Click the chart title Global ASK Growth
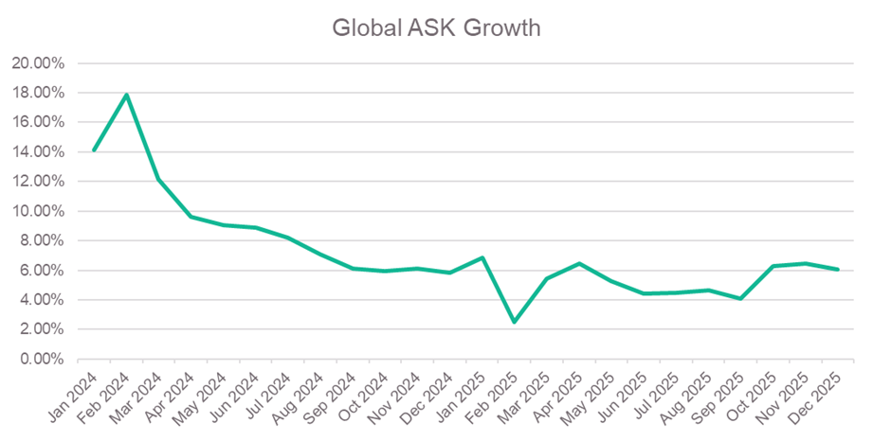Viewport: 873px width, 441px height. coord(436,27)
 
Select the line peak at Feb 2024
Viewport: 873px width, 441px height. coord(126,95)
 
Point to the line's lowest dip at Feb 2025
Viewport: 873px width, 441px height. coord(515,323)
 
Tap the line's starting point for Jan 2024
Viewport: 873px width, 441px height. coord(94,150)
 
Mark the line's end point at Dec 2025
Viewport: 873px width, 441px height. coord(838,270)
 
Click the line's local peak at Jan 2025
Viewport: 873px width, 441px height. coord(482,257)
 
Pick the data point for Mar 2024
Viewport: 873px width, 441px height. coord(158,180)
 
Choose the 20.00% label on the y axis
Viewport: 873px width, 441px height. coord(38,63)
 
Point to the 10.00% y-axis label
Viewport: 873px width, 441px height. coord(38,211)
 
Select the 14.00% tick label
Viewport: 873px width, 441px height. coord(38,152)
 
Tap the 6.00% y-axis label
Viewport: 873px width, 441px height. coord(41,271)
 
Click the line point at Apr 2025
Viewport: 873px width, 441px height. coord(579,263)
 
